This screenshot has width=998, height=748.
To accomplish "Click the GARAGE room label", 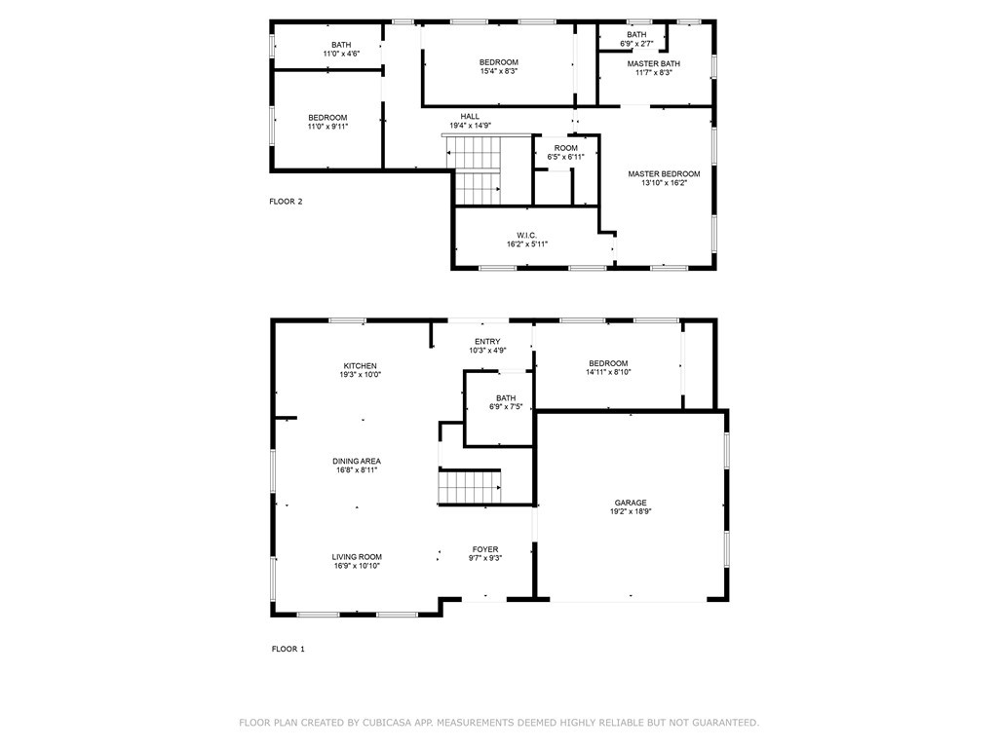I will [x=630, y=503].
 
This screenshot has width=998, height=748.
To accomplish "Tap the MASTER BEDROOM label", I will [x=664, y=174].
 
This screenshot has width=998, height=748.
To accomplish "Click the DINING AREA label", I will [x=356, y=462].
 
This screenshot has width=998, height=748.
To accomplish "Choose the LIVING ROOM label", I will [x=356, y=557].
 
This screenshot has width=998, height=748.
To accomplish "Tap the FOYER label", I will [x=485, y=549].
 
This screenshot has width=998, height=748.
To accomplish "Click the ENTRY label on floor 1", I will [x=487, y=341].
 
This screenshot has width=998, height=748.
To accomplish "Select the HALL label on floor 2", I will [x=470, y=117].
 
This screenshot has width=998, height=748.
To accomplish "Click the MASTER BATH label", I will [x=654, y=64].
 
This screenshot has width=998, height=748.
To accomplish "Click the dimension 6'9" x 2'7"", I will [x=636, y=44].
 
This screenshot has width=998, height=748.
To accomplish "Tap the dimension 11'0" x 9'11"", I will [x=327, y=127].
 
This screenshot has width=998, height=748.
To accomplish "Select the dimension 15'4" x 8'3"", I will [x=498, y=71].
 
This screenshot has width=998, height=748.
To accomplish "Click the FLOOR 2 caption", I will [x=286, y=202].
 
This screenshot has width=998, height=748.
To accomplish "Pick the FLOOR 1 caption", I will [x=287, y=649].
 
